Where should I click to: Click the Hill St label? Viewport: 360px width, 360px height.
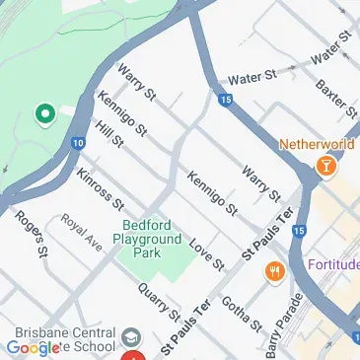tap(108, 135)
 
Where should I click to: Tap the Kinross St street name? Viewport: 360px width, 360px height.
tap(99, 189)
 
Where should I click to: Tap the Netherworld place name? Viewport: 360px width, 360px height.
tap(317, 143)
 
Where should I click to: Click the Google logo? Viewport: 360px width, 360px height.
tap(33, 348)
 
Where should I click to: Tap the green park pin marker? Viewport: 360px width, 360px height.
tap(44, 115)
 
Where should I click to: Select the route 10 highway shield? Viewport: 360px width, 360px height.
tap(77, 144)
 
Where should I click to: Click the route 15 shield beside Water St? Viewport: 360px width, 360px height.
tap(226, 101)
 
